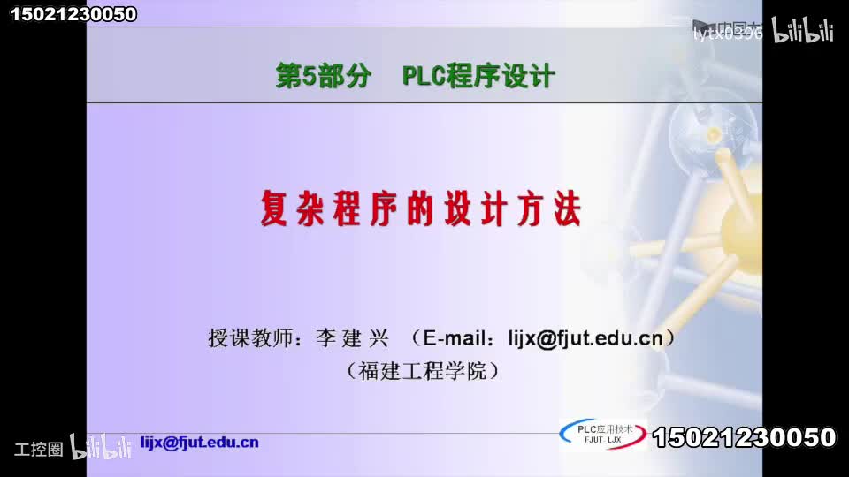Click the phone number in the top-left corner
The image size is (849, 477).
tap(73, 13)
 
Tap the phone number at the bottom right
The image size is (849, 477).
tap(744, 437)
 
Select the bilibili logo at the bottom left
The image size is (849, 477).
tap(101, 447)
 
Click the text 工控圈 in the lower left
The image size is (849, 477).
tap(38, 449)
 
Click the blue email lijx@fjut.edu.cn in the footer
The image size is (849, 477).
tap(200, 443)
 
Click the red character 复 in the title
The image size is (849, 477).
tap(277, 208)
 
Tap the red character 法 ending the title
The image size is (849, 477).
tap(565, 208)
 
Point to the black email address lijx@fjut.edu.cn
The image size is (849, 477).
tap(585, 338)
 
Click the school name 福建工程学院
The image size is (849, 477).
tap(423, 371)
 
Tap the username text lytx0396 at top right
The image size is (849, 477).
tap(726, 34)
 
